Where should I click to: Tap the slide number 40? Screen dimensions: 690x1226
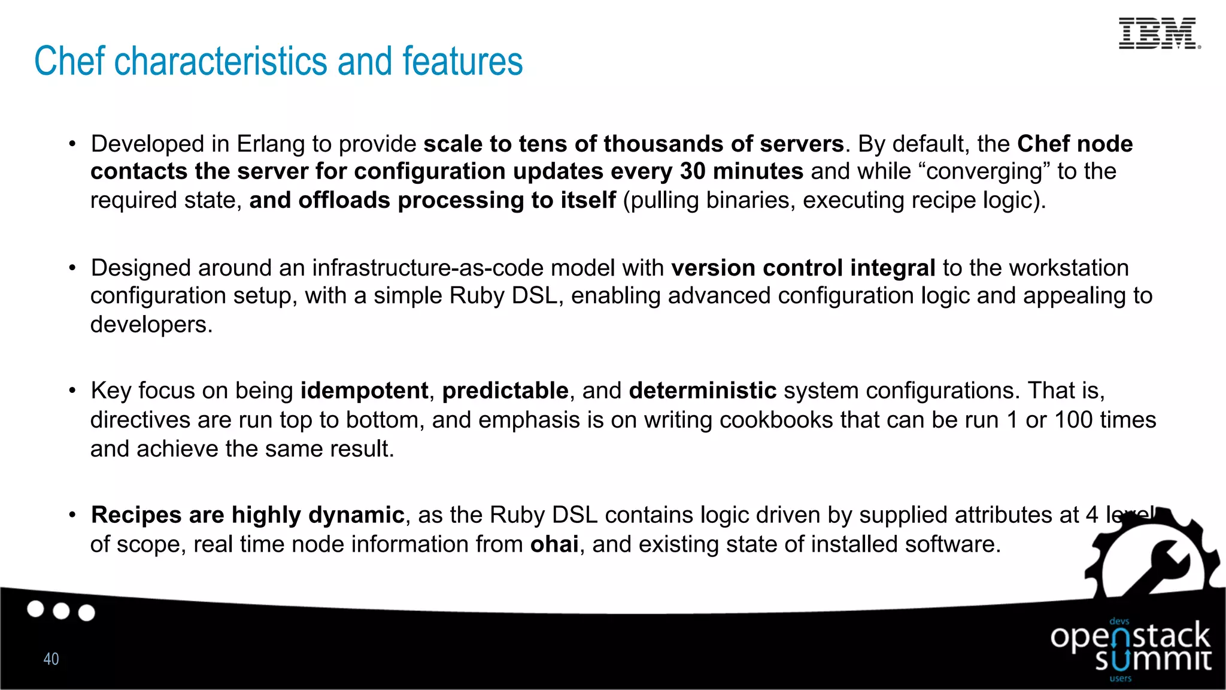(x=51, y=659)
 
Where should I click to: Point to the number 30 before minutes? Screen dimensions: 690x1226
(x=693, y=172)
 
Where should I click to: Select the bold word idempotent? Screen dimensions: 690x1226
(x=364, y=391)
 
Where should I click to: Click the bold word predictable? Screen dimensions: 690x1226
(x=505, y=391)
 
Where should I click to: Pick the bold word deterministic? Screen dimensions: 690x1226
(x=702, y=391)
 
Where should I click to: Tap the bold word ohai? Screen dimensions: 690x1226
(x=554, y=544)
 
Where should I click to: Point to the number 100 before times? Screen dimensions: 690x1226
(x=1072, y=420)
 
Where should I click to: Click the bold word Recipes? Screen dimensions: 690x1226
(x=136, y=515)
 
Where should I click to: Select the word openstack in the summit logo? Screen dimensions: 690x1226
(x=1130, y=637)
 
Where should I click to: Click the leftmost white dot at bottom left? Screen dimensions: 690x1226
(x=36, y=609)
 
